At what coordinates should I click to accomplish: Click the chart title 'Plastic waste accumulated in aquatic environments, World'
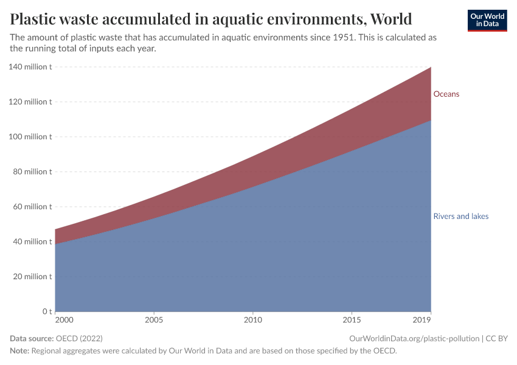[x=211, y=19]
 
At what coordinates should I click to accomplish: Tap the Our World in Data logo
[x=487, y=20]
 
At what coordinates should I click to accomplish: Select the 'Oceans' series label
[x=446, y=94]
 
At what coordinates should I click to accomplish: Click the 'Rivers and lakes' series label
[x=460, y=217]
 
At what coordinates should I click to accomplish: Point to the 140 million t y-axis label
[x=30, y=67]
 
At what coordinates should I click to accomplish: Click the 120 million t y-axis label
[x=30, y=102]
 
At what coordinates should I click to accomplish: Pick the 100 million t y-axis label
[x=30, y=137]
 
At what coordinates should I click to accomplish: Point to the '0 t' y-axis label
[x=46, y=311]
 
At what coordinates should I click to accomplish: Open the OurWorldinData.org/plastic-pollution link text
[x=414, y=338]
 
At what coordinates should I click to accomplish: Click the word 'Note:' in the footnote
[x=19, y=351]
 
